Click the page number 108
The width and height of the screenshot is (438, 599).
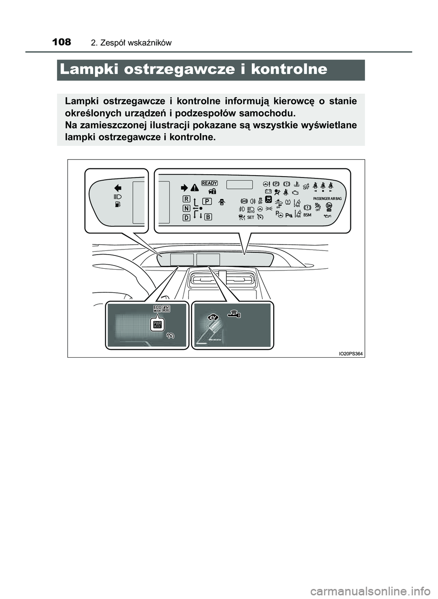pyautogui.click(x=62, y=42)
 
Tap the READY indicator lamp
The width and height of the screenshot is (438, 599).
pyautogui.click(x=209, y=183)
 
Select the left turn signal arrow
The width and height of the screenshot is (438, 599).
pyautogui.click(x=118, y=187)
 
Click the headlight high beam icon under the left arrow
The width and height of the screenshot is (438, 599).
pyautogui.click(x=117, y=196)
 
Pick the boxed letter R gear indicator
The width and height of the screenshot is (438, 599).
pyautogui.click(x=187, y=199)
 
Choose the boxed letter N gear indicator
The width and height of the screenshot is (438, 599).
pyautogui.click(x=187, y=208)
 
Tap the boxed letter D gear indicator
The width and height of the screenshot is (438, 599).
pyautogui.click(x=187, y=218)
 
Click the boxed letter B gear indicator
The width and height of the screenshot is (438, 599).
pyautogui.click(x=208, y=217)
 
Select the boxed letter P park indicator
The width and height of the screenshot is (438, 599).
pyautogui.click(x=207, y=201)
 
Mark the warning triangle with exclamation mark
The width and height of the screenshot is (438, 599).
pyautogui.click(x=195, y=187)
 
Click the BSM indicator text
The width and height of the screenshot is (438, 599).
pyautogui.click(x=307, y=215)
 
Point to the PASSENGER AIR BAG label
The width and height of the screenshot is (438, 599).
pyautogui.click(x=327, y=199)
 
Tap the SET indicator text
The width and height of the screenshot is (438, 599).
pyautogui.click(x=250, y=218)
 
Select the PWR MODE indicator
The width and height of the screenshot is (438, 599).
pyautogui.click(x=158, y=325)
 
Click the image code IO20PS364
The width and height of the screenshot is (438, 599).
pyautogui.click(x=350, y=354)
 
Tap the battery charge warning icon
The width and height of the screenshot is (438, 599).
pyautogui.click(x=268, y=192)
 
